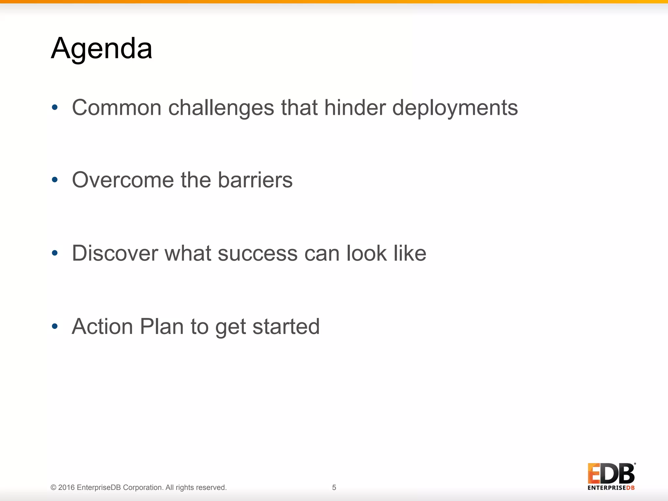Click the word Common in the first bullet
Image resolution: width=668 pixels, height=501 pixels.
(x=116, y=108)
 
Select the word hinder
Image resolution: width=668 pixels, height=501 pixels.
(x=355, y=108)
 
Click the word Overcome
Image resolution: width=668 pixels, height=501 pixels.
(x=123, y=180)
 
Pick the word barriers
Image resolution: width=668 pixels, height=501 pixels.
(x=255, y=180)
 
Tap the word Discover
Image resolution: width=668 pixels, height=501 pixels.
(x=115, y=253)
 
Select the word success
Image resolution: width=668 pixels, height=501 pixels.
(x=257, y=253)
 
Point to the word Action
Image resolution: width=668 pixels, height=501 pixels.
(x=102, y=326)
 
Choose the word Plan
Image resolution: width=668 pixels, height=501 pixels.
(x=161, y=326)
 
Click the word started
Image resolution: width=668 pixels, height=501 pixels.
(x=286, y=326)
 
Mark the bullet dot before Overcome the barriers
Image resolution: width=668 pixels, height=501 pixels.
(x=55, y=180)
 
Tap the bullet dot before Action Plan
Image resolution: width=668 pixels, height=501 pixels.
(x=55, y=326)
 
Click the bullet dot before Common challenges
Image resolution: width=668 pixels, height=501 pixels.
(x=55, y=107)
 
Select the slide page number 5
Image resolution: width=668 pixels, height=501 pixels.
(x=334, y=487)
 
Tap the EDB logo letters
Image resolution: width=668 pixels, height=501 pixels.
(x=611, y=474)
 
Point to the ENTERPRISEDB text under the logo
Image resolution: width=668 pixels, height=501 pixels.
(x=611, y=488)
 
